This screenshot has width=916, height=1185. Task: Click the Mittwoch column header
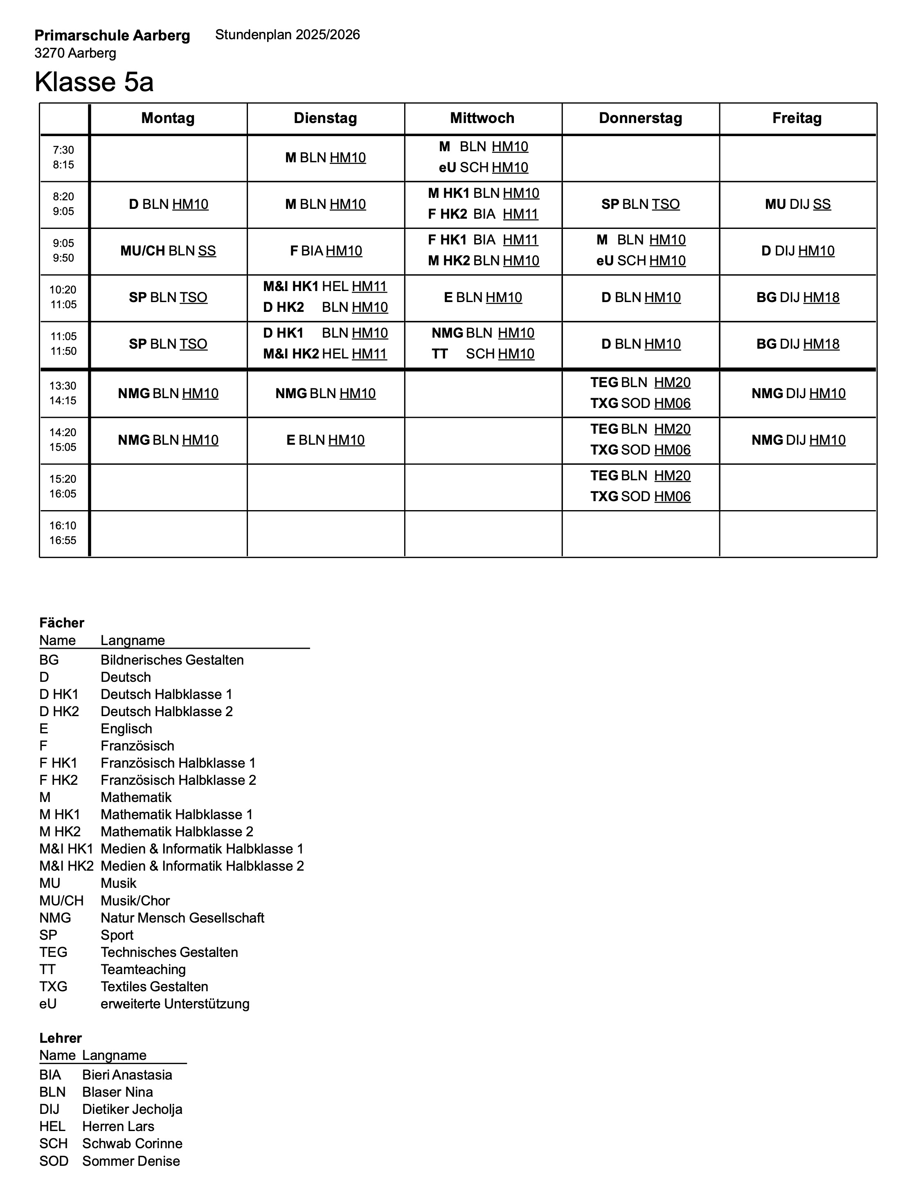(482, 118)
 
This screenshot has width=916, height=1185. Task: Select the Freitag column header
(797, 118)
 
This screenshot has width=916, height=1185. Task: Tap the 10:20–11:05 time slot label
(63, 297)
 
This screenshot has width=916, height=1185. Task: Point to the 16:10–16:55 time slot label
(63, 533)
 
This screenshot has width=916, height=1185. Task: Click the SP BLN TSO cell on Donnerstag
(640, 204)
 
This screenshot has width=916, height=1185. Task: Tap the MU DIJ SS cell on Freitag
(798, 204)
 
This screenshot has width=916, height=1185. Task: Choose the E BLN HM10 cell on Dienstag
(326, 440)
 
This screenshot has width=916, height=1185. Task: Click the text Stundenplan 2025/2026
(287, 35)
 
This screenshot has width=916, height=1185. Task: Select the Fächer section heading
(62, 623)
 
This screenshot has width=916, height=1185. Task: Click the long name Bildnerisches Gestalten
(172, 660)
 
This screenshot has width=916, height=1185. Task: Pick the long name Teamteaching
(143, 970)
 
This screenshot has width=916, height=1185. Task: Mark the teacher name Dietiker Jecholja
(132, 1109)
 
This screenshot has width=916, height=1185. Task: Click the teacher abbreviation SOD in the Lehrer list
(54, 1161)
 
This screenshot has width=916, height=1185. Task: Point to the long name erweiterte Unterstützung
(175, 1004)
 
